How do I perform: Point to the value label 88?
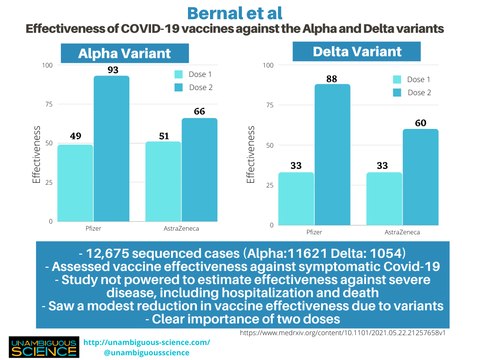(332, 79)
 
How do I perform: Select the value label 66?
(200, 112)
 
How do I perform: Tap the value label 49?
(75, 136)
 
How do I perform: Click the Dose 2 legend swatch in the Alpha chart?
(179, 87)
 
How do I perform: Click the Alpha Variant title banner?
(124, 53)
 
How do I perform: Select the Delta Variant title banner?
(357, 52)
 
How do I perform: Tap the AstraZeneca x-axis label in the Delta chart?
(402, 232)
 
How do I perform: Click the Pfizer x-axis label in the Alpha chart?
(94, 228)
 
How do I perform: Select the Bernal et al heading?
(234, 13)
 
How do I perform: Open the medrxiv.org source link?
(343, 333)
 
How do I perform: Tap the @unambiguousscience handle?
(147, 352)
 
